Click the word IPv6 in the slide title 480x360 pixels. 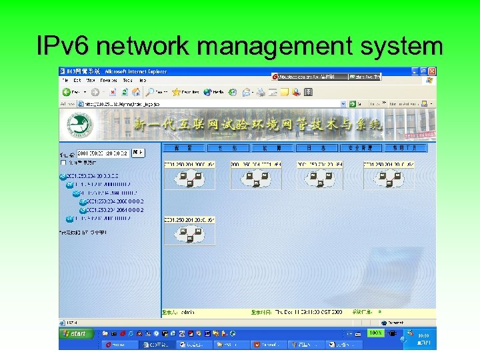65,47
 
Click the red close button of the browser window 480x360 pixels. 432,71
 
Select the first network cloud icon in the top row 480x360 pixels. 189,178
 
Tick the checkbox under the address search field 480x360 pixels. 63,162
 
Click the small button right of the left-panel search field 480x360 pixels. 138,153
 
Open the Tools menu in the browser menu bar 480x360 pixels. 127,80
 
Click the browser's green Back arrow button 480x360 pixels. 67,92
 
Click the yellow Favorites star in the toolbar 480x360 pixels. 176,92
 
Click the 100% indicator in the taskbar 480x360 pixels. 376,332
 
